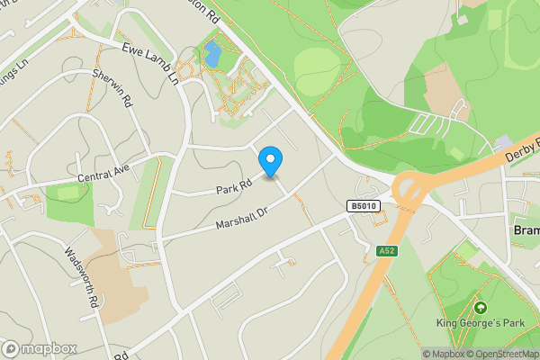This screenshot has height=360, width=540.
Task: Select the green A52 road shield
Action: click(387, 251)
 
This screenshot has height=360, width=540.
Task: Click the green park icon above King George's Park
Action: click(480, 308)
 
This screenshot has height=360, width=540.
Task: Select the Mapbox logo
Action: click(39, 348)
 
